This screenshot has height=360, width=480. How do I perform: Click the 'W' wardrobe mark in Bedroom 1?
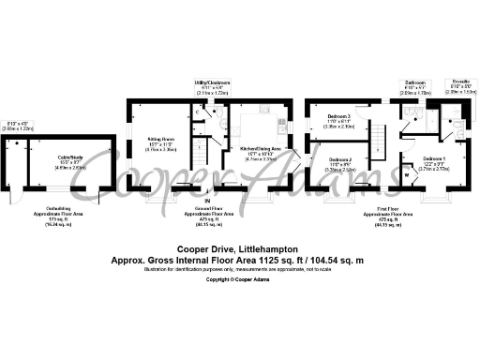tap(409, 173)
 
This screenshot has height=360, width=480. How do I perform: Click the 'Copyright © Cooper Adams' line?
tap(240, 279)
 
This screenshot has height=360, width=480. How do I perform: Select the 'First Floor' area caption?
tap(389, 210)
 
